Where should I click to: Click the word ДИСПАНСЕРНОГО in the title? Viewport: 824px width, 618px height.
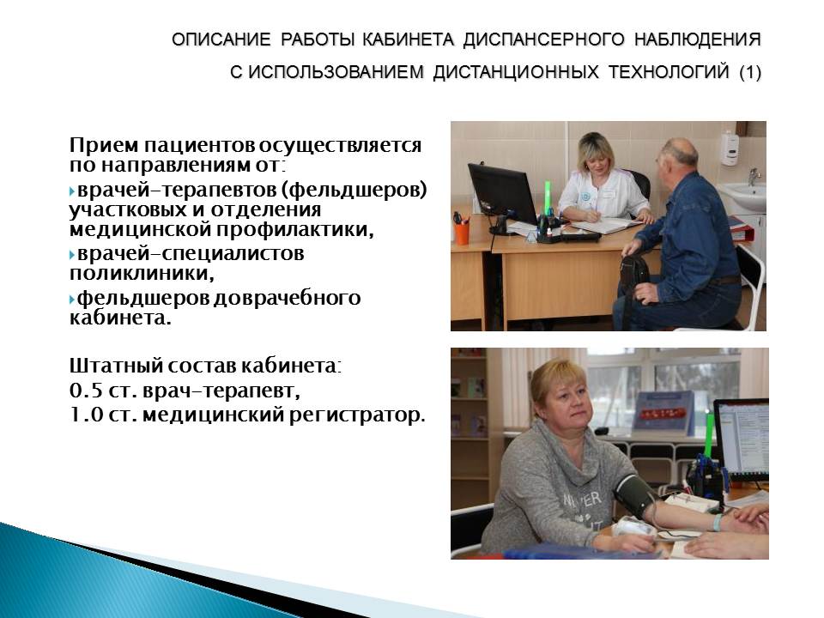point(544,40)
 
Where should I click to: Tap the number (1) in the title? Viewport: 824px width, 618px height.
point(750,72)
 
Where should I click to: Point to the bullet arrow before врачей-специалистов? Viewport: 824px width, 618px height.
point(72,255)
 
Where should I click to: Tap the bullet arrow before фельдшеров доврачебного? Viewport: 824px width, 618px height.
point(72,300)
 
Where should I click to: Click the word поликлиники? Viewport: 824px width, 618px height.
point(142,273)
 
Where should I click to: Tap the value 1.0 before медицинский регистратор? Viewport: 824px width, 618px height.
point(86,415)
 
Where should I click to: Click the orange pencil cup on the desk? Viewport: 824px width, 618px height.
point(462,233)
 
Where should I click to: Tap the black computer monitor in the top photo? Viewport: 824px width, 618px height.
point(502,194)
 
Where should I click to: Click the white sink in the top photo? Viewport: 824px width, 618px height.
point(744,197)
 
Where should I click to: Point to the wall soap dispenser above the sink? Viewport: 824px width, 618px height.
point(730,148)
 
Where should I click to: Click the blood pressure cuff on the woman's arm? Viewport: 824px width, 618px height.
point(634,494)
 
